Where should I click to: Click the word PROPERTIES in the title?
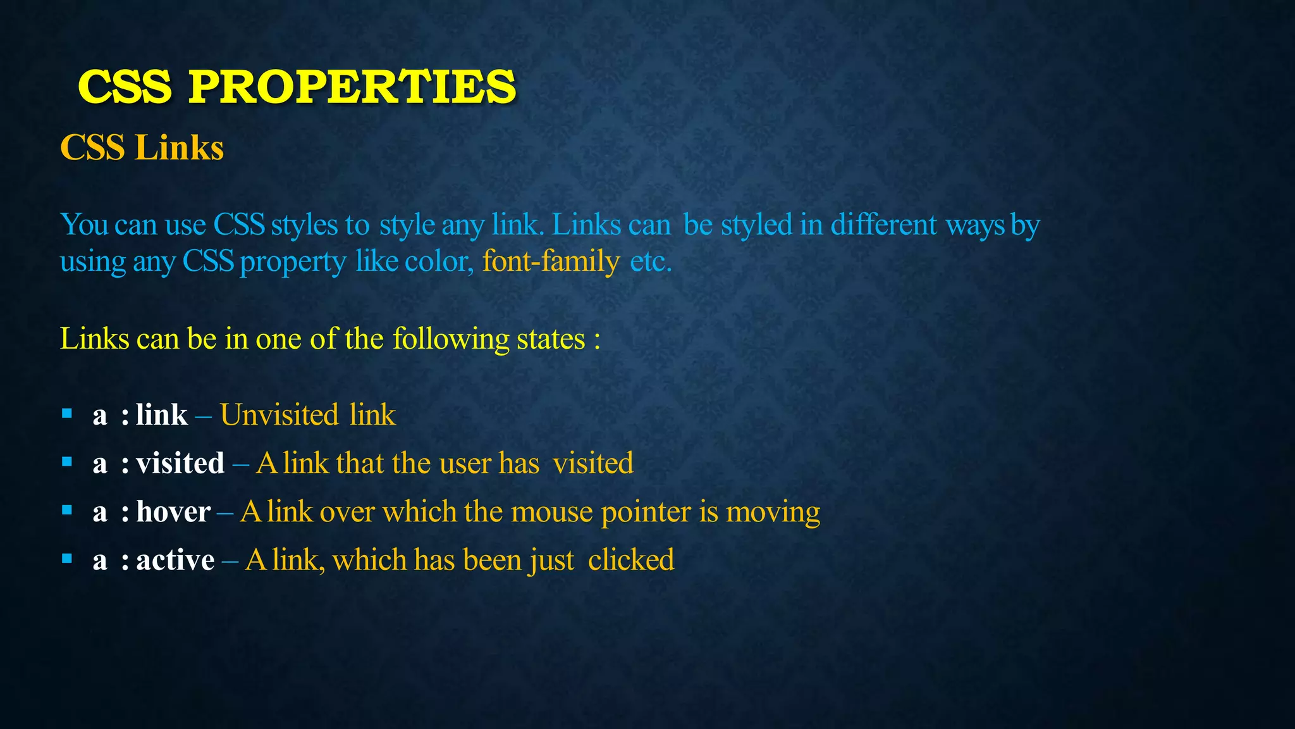tap(352, 87)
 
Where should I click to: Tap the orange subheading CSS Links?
tap(142, 148)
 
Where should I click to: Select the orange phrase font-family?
tap(550, 261)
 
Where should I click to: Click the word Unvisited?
tap(279, 415)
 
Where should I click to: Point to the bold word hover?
tap(173, 512)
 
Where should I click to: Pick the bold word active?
tap(175, 560)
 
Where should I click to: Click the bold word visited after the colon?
tap(180, 463)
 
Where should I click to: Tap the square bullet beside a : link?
tap(67, 414)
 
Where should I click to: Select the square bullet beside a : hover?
tap(67, 510)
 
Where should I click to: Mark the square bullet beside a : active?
tap(67, 558)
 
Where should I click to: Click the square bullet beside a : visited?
tap(67, 462)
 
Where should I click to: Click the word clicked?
tap(630, 560)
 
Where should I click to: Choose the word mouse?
tap(551, 513)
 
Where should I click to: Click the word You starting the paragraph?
tap(83, 225)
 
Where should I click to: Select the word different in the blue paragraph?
tap(883, 225)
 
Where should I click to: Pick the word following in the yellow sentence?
tap(451, 340)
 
